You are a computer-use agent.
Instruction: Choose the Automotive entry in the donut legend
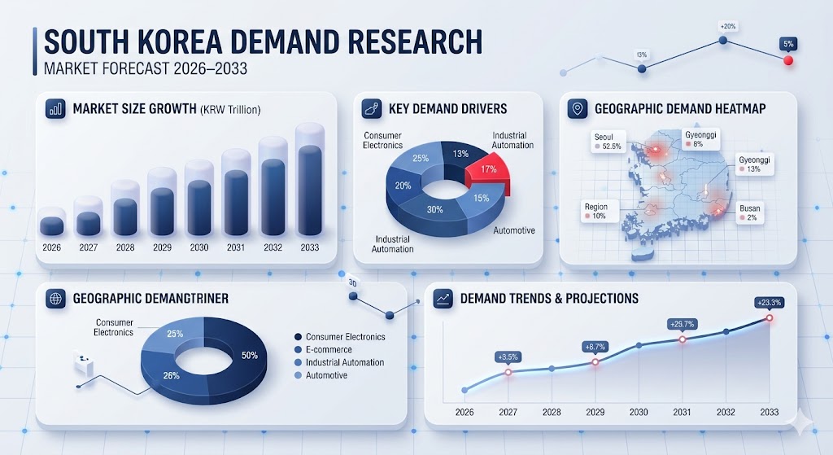tap(326, 375)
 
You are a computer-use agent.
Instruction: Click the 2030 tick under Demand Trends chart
tap(639, 412)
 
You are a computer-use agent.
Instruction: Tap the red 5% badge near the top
tap(787, 43)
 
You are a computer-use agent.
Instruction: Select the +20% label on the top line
tap(726, 26)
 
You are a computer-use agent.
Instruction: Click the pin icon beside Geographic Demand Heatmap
tap(578, 108)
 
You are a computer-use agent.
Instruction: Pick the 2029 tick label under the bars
tap(161, 247)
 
